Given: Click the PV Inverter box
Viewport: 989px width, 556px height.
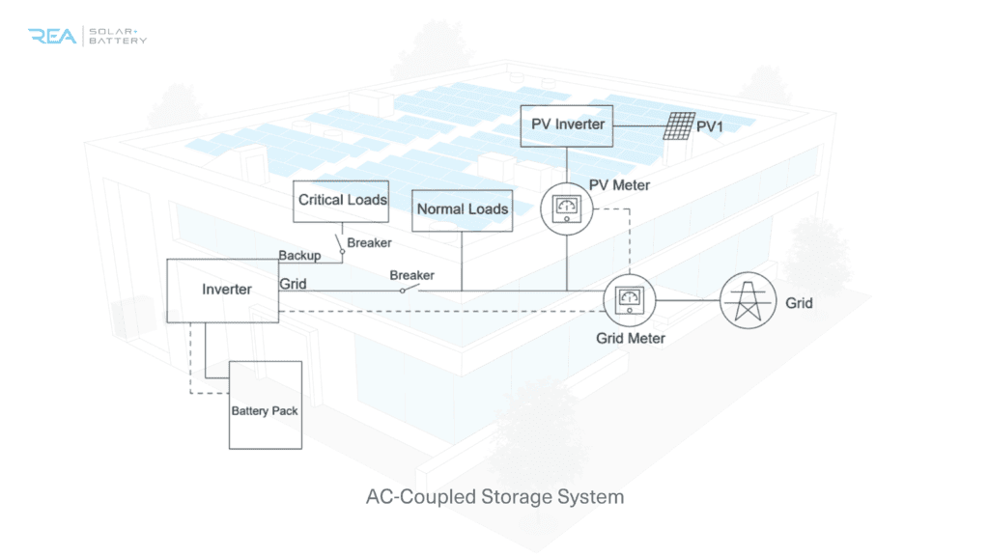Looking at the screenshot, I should [x=567, y=125].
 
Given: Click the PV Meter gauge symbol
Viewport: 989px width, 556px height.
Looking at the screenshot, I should [x=566, y=205].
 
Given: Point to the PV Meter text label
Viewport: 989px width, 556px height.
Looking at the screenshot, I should [x=619, y=184].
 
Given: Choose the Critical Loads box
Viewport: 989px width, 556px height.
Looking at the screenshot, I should [x=342, y=201].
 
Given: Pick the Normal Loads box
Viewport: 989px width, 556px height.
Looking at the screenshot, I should [x=462, y=209].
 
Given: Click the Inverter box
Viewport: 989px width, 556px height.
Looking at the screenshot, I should [x=223, y=290].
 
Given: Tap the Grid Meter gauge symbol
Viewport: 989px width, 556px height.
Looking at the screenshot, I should [x=630, y=301].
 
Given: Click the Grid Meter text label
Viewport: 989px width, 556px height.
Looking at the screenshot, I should [x=630, y=338].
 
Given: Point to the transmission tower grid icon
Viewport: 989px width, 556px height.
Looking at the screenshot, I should [x=747, y=302].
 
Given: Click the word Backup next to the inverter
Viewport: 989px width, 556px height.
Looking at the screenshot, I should [x=299, y=255].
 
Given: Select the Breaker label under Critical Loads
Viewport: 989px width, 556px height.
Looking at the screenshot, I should [x=369, y=243].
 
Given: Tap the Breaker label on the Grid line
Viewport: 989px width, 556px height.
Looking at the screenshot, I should [x=411, y=275].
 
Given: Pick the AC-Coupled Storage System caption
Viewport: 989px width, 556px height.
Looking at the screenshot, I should [x=494, y=497].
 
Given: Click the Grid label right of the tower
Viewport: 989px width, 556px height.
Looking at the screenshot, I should [x=799, y=303].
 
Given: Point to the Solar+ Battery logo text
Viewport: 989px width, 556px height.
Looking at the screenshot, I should [x=118, y=36].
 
